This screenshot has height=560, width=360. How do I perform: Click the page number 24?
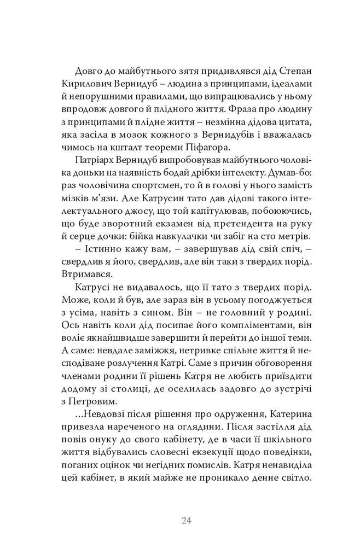[x=185, y=520]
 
